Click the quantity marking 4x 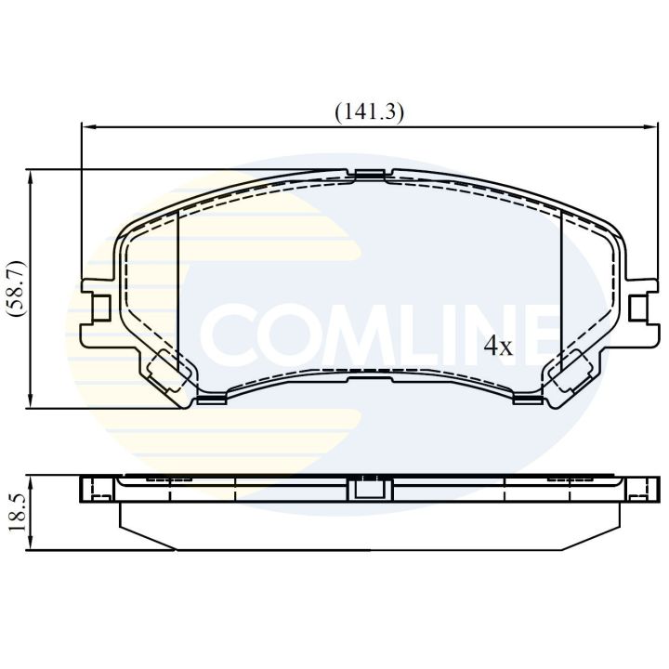click(498, 348)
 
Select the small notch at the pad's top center click(370, 174)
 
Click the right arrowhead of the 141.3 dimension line click(649, 127)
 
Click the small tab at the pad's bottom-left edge click(213, 400)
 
